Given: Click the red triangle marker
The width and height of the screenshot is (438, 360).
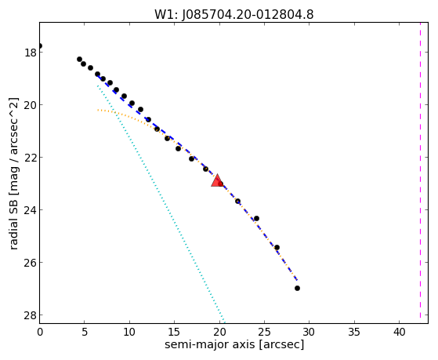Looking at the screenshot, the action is tap(217, 181).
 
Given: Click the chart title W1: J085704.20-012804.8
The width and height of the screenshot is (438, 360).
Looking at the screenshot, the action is tap(233, 15).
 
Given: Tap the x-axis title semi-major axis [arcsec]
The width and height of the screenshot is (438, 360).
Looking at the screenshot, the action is tap(234, 344).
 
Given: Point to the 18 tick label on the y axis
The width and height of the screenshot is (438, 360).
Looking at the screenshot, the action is tap(31, 53).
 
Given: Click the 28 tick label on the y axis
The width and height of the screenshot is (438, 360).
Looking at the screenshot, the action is tap(31, 315).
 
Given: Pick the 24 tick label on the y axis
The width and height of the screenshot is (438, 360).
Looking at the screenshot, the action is tap(31, 210).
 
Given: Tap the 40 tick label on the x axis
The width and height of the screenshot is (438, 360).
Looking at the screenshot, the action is tap(399, 333).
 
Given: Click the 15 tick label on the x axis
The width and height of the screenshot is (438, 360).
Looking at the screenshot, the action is tap(174, 333).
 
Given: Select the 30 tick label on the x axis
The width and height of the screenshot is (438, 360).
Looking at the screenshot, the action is tap(309, 333).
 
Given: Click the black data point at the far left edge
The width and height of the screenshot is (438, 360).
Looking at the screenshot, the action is tap(40, 45).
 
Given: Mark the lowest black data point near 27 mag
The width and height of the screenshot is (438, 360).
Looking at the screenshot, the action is tap(297, 288).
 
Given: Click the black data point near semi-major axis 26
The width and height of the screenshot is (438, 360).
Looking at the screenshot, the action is tap(277, 247).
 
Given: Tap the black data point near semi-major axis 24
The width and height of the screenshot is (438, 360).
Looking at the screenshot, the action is tap(256, 218).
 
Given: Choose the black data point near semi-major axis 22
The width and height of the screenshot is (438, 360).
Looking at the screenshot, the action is tap(237, 201).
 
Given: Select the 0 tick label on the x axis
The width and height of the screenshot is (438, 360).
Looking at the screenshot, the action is tap(40, 333).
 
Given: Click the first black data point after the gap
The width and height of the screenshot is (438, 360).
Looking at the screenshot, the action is tap(79, 59).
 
